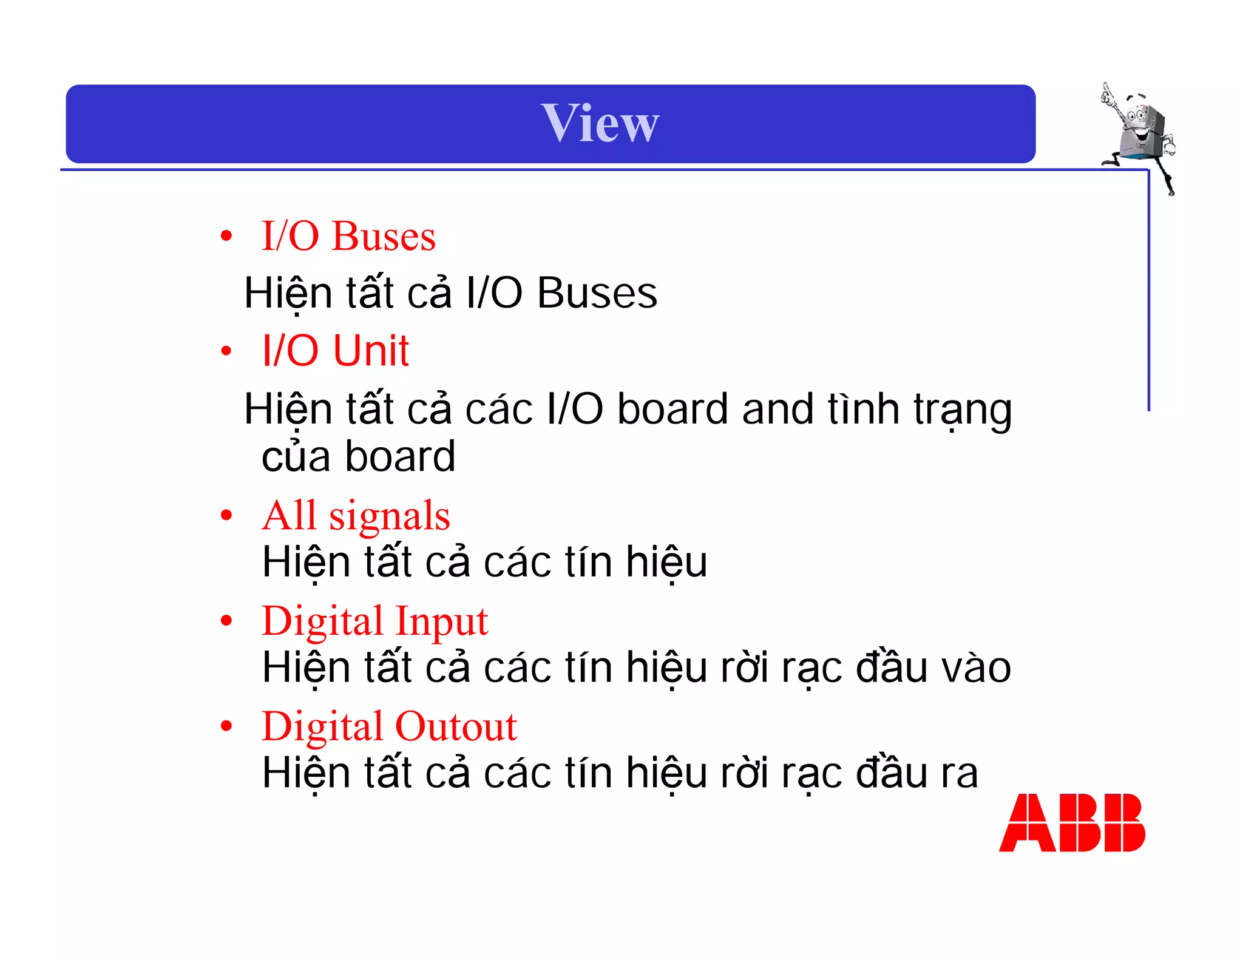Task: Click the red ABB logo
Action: click(x=1072, y=823)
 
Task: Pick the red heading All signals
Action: click(x=356, y=516)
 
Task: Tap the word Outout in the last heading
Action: click(x=456, y=727)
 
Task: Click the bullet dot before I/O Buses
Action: click(x=226, y=236)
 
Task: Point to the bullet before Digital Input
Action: click(x=226, y=621)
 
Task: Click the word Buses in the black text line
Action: click(x=597, y=294)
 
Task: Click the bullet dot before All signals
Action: click(x=226, y=516)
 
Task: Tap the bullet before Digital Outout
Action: click(x=226, y=726)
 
